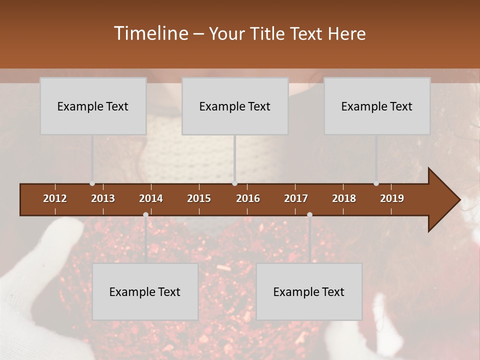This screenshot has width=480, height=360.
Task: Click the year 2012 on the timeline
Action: (55, 198)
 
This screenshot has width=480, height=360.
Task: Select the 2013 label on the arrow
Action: (103, 198)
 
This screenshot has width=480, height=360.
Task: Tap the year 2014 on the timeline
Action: (151, 198)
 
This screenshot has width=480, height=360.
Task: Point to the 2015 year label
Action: (199, 198)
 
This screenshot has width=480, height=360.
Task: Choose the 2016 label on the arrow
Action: (248, 198)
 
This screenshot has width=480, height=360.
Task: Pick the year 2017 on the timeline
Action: (296, 198)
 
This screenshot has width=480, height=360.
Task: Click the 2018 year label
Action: (344, 198)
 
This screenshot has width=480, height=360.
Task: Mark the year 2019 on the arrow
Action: (392, 198)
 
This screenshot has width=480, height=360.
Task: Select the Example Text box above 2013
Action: (93, 106)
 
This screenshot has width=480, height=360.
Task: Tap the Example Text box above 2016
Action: (235, 106)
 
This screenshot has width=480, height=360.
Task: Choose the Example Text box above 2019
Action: (377, 106)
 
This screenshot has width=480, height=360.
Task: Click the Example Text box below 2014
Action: (145, 291)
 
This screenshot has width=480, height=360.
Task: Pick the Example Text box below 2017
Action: (309, 291)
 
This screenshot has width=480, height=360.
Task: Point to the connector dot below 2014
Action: (145, 214)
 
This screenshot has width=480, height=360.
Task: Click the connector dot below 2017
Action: (309, 214)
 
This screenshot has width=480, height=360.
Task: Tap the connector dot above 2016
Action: (235, 183)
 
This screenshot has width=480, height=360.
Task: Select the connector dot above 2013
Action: (92, 183)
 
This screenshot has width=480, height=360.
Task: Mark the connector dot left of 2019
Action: (376, 183)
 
